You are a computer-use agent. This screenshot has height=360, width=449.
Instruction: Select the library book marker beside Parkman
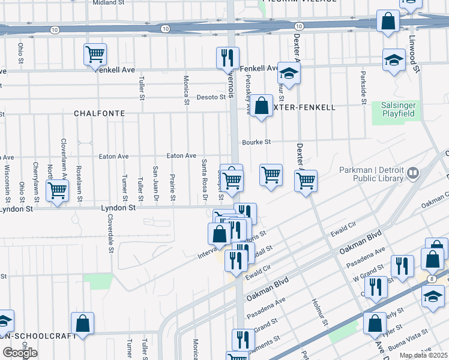coord(412,174)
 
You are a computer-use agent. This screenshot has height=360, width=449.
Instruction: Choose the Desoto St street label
coord(211,97)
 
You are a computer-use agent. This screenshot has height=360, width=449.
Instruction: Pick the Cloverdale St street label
coord(111,235)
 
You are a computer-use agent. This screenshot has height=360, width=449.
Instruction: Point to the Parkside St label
coord(363,89)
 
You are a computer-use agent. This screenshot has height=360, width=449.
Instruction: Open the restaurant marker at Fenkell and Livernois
coord(228,58)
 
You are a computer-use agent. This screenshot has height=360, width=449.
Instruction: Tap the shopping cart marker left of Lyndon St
coord(57,190)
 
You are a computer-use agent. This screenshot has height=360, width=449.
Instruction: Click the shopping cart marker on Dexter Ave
coord(306,180)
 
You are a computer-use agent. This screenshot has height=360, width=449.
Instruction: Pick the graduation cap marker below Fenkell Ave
coord(289,74)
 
